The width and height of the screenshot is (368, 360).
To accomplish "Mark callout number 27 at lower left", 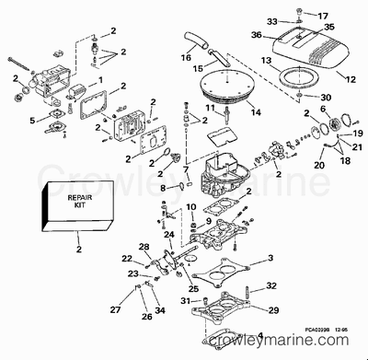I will click(x=114, y=309).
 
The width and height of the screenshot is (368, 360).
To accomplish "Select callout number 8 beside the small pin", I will click(x=163, y=188).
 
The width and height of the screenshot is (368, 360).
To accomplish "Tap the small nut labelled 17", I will click(x=302, y=16).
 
